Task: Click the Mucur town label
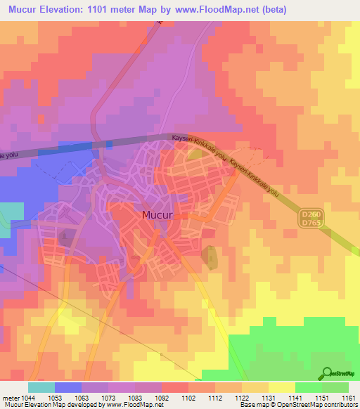(x=157, y=216)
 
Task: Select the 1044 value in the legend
(x=28, y=398)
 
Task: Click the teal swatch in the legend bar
(x=41, y=387)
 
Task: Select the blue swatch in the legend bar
(x=67, y=387)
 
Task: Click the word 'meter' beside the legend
(x=11, y=398)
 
